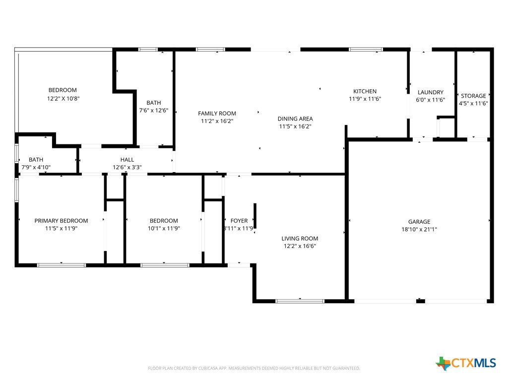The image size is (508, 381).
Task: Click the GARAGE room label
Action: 419,222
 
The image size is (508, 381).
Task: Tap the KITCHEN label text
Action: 365,91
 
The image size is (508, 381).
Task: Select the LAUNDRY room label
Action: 430,92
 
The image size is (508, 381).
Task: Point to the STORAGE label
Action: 473,96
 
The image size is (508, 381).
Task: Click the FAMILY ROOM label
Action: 217,114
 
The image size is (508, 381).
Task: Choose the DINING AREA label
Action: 295,119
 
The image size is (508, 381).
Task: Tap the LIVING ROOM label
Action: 300,239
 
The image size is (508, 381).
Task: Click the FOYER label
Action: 239,221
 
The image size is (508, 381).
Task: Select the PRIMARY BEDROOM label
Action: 61,221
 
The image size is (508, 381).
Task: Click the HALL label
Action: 127,160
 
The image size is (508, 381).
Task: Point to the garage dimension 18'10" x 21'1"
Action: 419,229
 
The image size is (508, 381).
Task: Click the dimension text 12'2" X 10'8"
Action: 63,98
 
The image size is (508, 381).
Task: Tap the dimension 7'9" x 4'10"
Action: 36,167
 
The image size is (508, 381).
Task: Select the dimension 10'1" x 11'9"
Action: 164,228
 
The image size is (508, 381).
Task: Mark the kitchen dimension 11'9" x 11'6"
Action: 365,99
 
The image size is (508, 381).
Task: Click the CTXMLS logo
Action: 466,363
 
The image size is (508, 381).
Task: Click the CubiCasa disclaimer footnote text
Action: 254,369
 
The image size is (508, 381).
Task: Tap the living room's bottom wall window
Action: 300,301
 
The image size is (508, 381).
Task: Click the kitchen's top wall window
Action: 366,50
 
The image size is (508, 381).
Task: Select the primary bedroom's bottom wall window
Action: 61,265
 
